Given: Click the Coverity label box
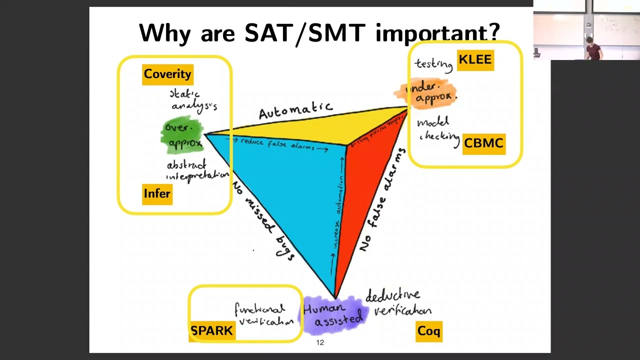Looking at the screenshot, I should [167, 74].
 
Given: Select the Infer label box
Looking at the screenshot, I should [157, 194].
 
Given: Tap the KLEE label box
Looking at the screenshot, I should [475, 60].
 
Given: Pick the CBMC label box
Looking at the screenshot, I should [483, 143].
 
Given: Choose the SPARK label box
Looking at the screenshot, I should [212, 331].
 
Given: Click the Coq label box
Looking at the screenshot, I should [429, 331].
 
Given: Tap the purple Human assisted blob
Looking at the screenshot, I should [332, 314].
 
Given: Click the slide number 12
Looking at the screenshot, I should [320, 342].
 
